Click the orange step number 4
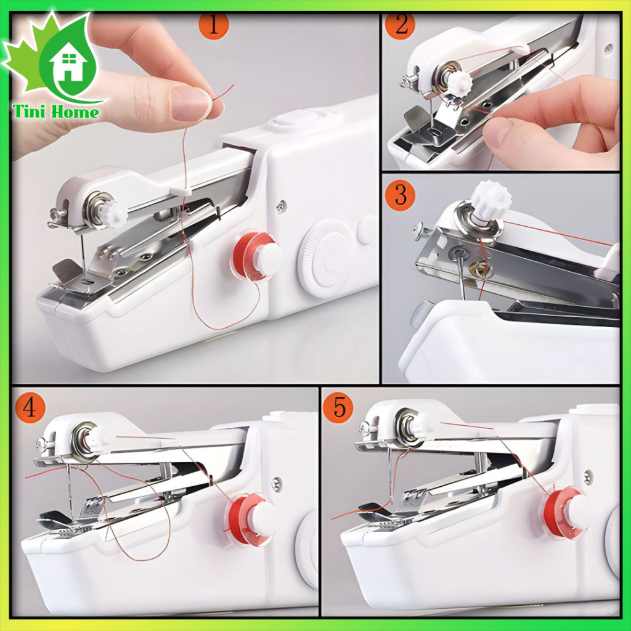28,409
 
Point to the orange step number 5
338,409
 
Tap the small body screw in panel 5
588,476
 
